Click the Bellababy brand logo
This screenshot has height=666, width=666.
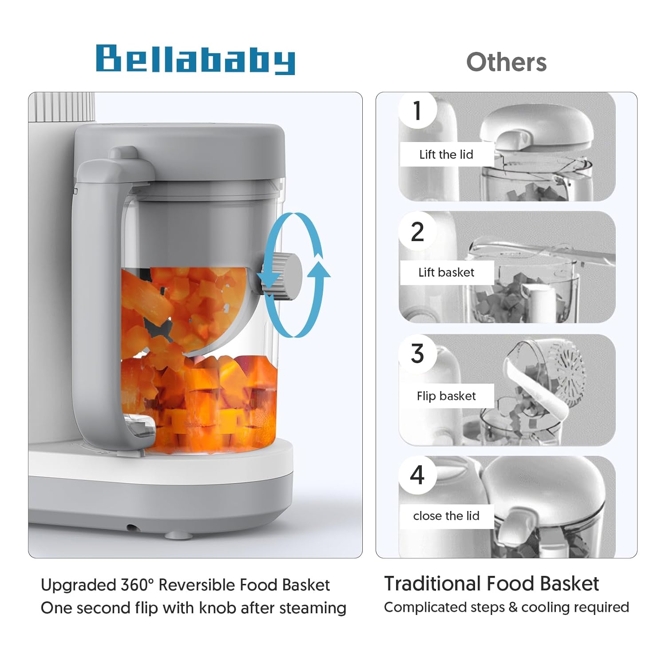195,59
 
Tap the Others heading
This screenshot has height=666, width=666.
506,62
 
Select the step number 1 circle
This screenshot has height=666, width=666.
417,111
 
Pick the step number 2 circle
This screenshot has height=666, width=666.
417,232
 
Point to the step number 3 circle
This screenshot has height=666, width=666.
417,354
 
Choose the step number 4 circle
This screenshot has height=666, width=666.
417,475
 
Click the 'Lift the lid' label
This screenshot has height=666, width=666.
446,155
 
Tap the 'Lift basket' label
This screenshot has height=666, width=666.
446,273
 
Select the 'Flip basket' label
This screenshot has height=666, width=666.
446,396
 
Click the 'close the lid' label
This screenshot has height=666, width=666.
446,516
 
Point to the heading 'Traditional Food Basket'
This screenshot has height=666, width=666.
491,583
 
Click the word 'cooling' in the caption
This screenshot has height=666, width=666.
544,607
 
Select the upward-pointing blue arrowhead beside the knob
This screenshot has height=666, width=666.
319,270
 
